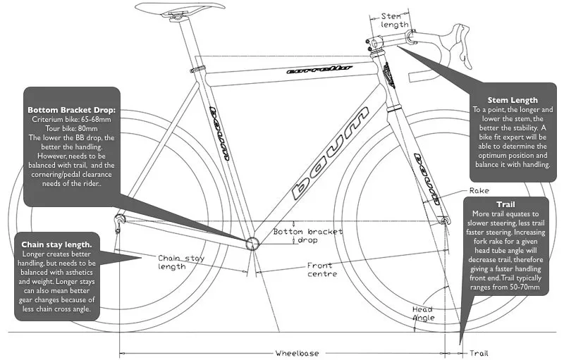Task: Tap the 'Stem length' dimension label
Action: (395, 20)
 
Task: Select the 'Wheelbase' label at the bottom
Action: (297, 353)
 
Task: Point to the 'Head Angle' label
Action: (423, 314)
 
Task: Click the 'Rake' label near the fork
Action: (479, 191)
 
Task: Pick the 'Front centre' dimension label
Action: (322, 270)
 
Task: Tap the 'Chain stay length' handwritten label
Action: (181, 262)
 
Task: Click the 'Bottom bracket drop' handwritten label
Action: (308, 236)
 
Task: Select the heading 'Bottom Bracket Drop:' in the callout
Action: (72, 110)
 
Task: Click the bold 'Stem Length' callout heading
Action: (513, 100)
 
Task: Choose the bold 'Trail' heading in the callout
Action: (505, 204)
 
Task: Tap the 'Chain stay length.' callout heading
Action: (56, 244)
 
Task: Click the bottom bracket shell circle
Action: (252, 243)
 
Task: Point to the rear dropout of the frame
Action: (119, 219)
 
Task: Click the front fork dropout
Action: (446, 220)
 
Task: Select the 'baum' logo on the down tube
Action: (331, 153)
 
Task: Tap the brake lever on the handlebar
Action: (463, 45)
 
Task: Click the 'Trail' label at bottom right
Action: (479, 353)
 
